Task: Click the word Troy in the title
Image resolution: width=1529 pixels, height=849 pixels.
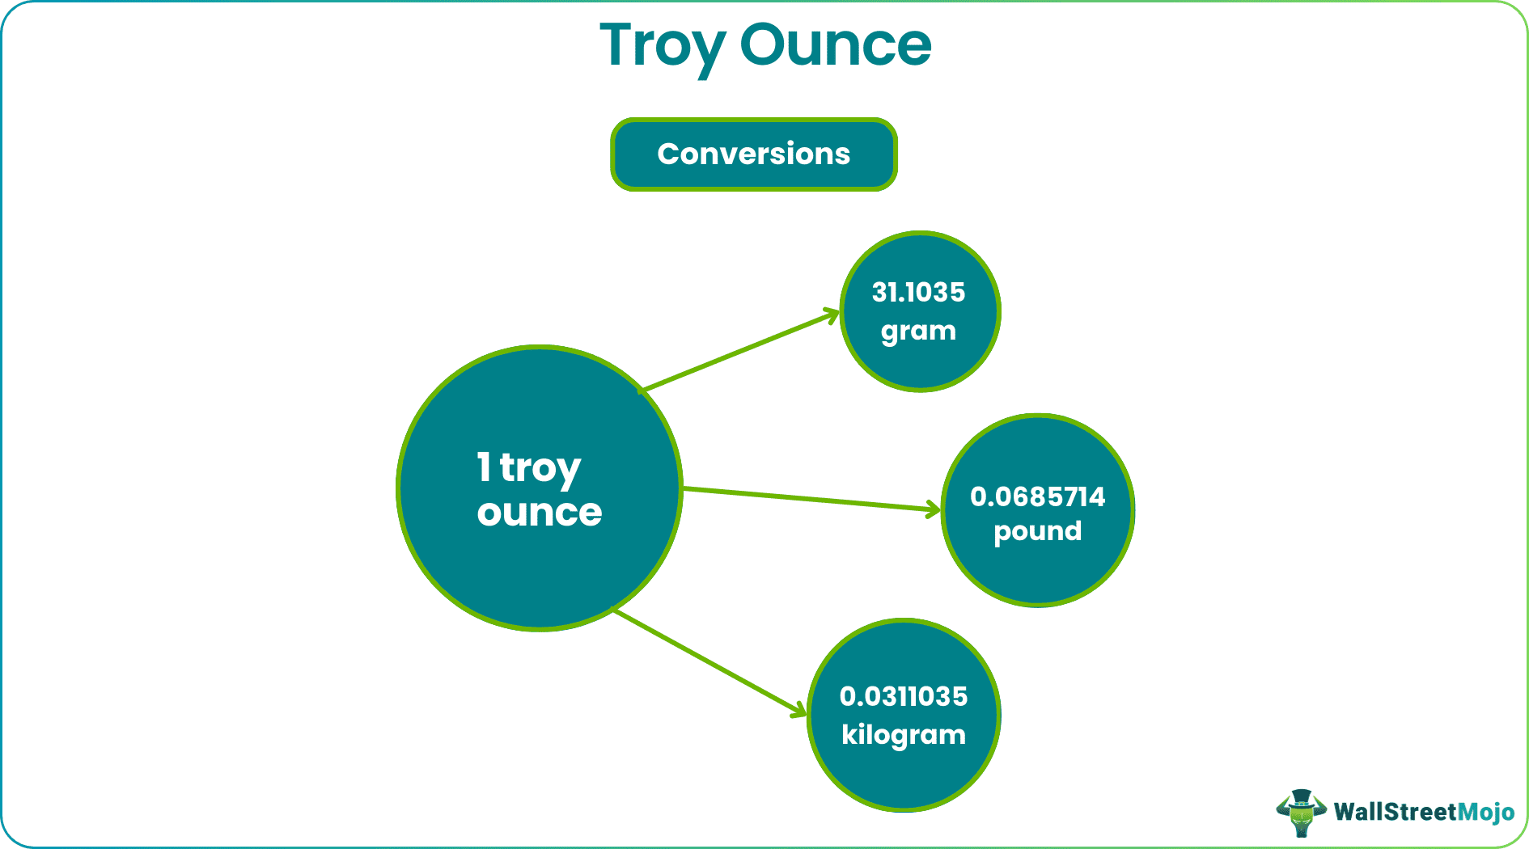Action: coord(661,47)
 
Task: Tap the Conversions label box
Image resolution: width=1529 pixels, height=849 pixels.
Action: coord(753,154)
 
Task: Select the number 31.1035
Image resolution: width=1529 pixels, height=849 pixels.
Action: coord(918,292)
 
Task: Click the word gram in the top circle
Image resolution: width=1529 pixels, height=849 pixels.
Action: coord(918,332)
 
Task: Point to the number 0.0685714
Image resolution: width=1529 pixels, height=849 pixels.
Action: coord(1037,496)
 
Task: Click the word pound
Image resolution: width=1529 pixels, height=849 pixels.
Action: coord(1037,531)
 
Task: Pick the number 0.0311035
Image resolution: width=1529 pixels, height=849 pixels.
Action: coord(904,696)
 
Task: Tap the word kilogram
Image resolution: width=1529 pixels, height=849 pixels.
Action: coord(904,735)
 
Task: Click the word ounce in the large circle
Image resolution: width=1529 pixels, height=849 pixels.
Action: coord(540,512)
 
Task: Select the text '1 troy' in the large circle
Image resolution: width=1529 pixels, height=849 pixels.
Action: coord(528,468)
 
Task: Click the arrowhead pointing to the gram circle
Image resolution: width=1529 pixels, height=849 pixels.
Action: coord(833,314)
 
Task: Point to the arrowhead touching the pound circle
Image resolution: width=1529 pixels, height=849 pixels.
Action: coord(934,509)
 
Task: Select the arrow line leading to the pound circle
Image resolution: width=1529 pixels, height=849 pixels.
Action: coord(809,499)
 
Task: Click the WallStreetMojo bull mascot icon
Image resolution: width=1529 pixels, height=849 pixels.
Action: coord(1300,812)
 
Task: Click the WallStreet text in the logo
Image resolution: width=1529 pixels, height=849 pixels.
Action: coord(1395,812)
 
